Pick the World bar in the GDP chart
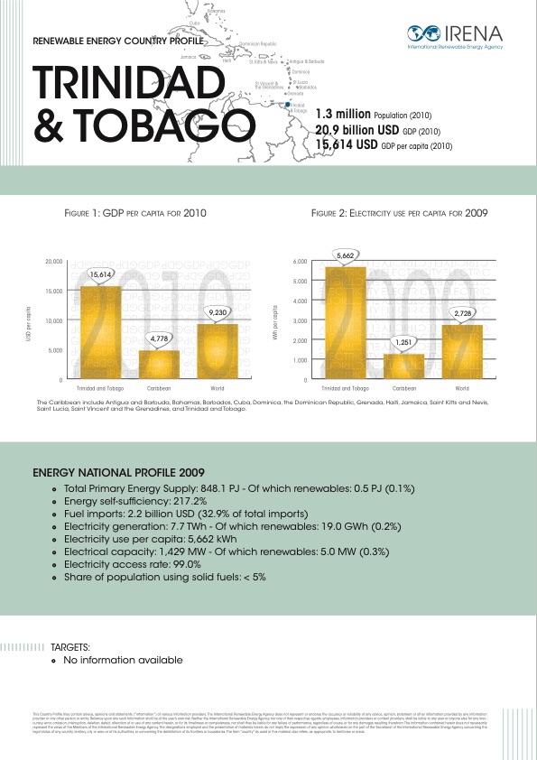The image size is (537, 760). point(217,350)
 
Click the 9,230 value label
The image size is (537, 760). point(217,311)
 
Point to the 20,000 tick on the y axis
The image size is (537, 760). point(53,262)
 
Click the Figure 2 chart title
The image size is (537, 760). point(399,215)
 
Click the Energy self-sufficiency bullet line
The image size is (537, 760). point(135,500)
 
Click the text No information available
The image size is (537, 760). point(123,660)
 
